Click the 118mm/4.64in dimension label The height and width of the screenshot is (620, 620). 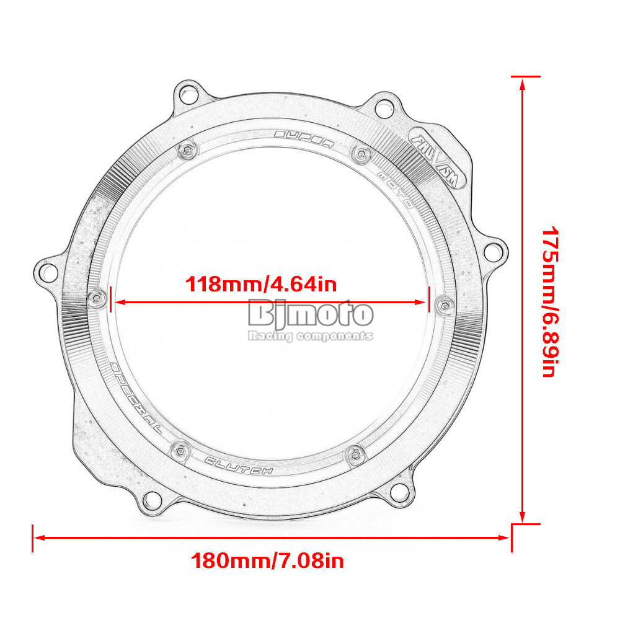[x=261, y=285]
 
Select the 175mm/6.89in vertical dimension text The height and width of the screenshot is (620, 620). [x=551, y=303]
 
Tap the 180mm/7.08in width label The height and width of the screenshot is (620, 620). [x=267, y=562]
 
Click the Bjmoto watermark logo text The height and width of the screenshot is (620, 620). [x=310, y=314]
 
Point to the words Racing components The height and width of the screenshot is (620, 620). [x=310, y=336]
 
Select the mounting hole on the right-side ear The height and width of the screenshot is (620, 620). [x=493, y=251]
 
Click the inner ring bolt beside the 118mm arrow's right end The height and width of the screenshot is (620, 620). [x=444, y=304]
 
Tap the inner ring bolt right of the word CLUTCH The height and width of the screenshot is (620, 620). [x=354, y=453]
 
